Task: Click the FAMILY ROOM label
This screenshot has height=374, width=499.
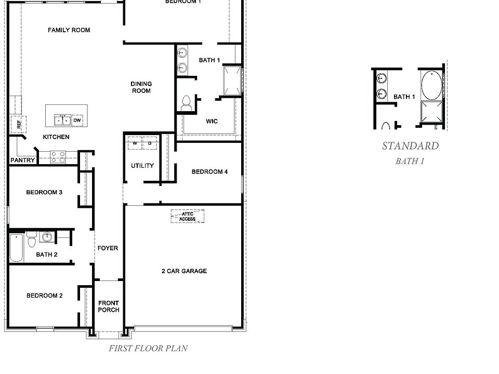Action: [69, 30]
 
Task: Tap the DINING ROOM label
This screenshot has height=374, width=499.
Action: [141, 87]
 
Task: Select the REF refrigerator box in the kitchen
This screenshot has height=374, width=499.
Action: [18, 124]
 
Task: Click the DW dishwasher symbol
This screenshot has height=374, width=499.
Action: [77, 120]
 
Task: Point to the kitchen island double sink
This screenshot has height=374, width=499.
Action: [62, 121]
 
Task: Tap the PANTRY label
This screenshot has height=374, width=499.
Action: [22, 161]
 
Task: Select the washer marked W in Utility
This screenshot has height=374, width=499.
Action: [135, 143]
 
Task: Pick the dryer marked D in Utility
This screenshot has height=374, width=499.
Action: [150, 143]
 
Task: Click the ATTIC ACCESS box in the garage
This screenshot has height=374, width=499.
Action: [187, 217]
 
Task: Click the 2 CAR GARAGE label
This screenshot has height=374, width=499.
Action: [183, 271]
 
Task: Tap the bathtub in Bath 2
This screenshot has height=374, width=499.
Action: [16, 248]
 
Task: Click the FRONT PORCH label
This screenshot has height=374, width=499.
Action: [109, 306]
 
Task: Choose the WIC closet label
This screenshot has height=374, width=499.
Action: [212, 122]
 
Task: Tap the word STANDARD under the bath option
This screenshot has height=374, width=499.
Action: [410, 146]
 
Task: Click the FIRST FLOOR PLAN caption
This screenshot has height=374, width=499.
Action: [148, 349]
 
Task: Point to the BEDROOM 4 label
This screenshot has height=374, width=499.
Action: [209, 172]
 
